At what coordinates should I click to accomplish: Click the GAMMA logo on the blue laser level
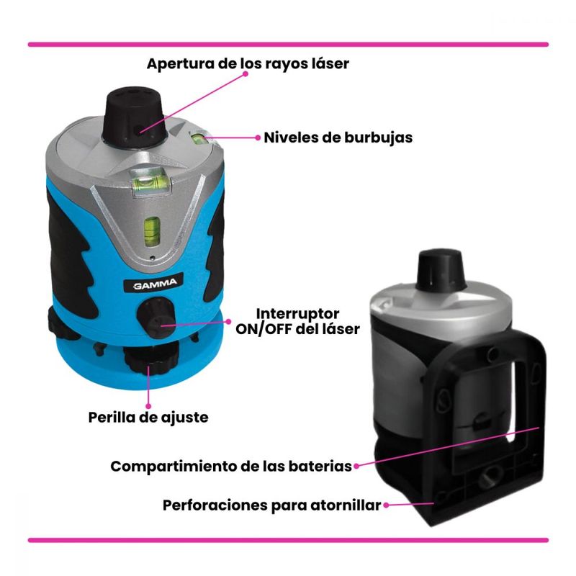coord(150,283)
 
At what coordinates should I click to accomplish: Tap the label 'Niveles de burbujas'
coord(338,138)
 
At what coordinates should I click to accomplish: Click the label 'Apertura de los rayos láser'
coord(248,63)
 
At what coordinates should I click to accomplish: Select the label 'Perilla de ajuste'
coord(148,418)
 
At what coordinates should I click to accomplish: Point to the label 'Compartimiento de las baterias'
coord(231,467)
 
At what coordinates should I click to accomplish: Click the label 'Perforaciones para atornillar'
coord(271,505)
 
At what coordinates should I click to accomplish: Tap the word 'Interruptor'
coord(297,313)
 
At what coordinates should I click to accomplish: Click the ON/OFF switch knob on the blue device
coord(156,318)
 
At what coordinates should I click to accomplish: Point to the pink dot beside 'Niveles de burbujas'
coord(258,138)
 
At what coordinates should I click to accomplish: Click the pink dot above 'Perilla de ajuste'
coord(148,406)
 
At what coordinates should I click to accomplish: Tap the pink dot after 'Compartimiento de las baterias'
coord(356,466)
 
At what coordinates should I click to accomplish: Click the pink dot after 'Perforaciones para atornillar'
coord(386,505)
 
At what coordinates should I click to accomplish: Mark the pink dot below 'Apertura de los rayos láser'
coord(246,73)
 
